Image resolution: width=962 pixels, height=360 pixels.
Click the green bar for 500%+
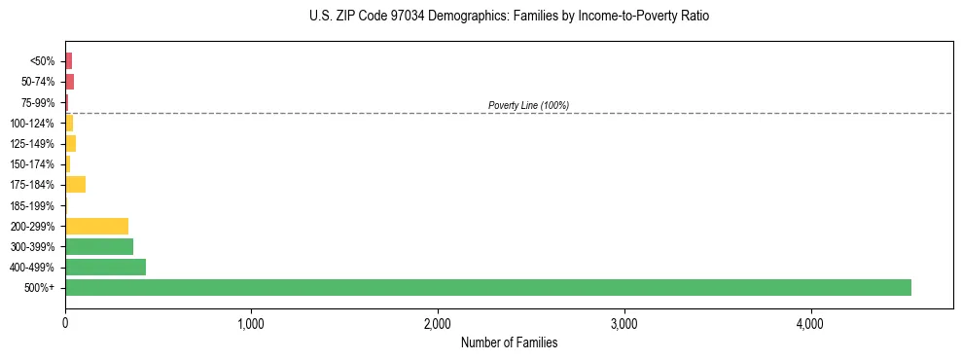click(x=487, y=287)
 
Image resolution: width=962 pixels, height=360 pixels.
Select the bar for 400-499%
click(x=105, y=267)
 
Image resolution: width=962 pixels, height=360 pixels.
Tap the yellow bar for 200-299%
click(x=96, y=226)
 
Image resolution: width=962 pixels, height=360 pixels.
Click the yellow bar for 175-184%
click(x=75, y=185)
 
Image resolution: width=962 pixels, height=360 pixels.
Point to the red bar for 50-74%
click(x=69, y=82)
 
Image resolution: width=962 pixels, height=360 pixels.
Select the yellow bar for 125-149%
click(x=70, y=143)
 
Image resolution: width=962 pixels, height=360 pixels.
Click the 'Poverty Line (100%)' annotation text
click(x=528, y=105)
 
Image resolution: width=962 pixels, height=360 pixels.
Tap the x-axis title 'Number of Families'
click(x=509, y=342)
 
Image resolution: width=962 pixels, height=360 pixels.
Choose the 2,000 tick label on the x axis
click(x=438, y=323)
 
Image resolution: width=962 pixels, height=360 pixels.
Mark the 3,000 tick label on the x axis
click(x=624, y=323)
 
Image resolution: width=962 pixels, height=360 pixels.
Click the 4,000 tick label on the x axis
click(x=810, y=323)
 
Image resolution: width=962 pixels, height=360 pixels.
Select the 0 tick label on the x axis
click(x=65, y=323)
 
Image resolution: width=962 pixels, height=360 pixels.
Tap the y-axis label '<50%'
click(x=43, y=61)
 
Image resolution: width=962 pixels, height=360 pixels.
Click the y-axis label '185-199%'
click(x=33, y=205)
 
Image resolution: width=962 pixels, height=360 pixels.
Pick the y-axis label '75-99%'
click(x=37, y=102)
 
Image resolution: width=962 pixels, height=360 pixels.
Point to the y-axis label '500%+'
click(x=41, y=288)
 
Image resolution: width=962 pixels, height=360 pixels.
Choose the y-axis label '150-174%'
click(x=33, y=164)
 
